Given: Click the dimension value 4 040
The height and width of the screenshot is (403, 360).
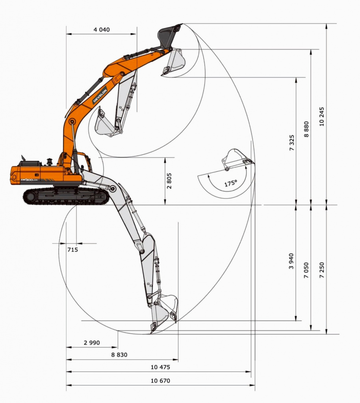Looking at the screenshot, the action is tap(102, 30).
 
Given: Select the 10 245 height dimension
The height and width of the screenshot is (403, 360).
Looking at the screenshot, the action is tap(322, 116).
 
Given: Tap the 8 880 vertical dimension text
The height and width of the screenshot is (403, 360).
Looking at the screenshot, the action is tap(306, 129).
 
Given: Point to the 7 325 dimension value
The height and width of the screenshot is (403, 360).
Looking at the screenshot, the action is tap(291, 142).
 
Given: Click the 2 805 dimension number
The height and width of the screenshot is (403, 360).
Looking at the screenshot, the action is tap(169, 181).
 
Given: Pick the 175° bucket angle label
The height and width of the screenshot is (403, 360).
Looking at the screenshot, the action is tap(231, 183).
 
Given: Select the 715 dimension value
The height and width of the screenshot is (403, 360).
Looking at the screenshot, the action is tap(72, 250).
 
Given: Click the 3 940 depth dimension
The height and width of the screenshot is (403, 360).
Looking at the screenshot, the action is tap(291, 261).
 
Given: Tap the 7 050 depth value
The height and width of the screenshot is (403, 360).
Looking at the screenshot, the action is tap(306, 270).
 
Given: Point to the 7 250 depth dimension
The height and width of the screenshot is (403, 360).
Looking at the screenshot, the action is tap(322, 270).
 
